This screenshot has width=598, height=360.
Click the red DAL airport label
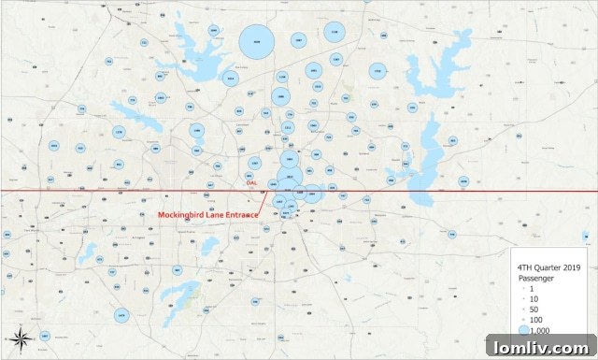point(250,183)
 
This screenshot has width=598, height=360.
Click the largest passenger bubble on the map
point(255,42)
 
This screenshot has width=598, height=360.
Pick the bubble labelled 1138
point(282,77)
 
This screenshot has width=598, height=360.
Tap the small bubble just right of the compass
point(122,318)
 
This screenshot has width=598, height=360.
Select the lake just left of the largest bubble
point(201,42)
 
